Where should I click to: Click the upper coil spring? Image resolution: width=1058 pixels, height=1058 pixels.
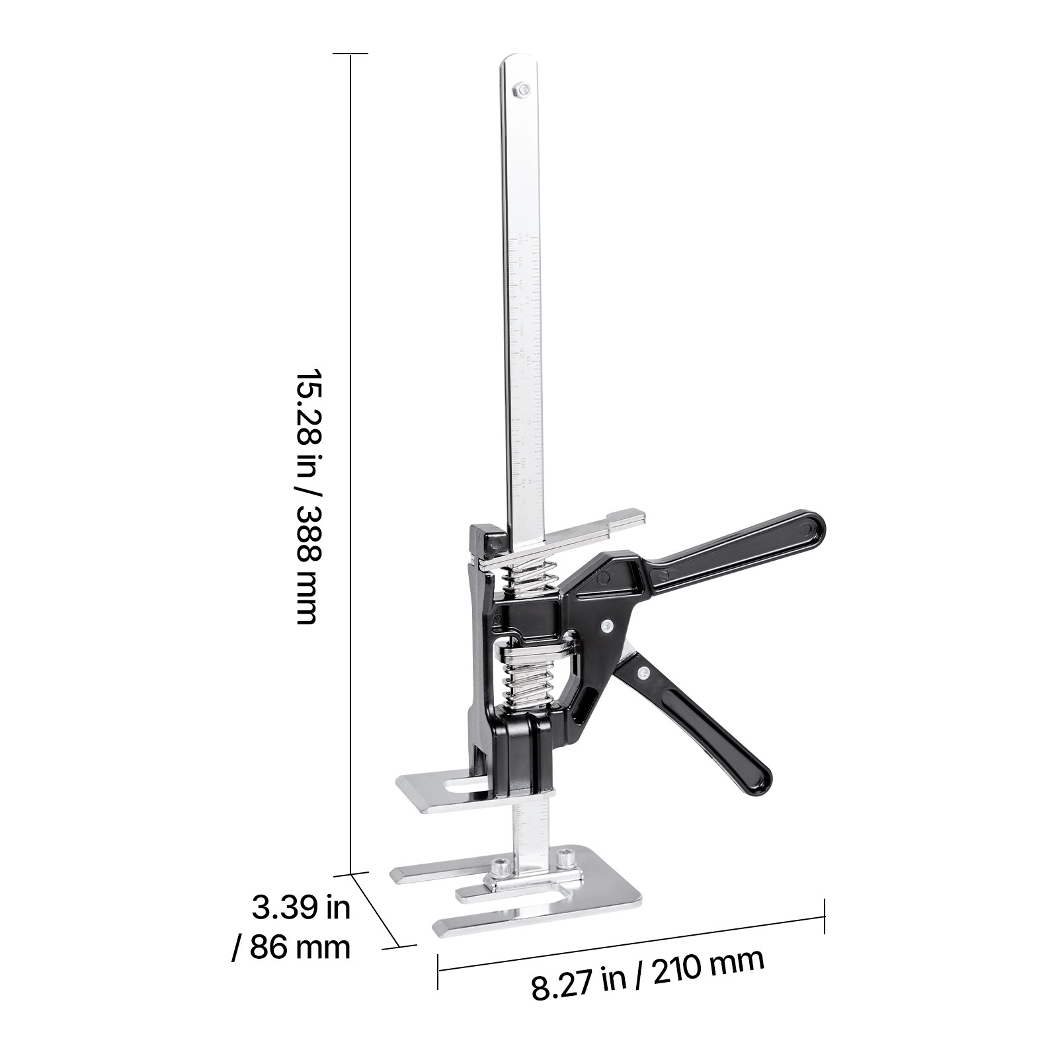(x=529, y=577)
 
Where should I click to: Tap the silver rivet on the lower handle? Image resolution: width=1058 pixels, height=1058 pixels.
(x=641, y=672)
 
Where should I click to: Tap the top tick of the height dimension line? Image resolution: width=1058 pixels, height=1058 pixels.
(x=350, y=54)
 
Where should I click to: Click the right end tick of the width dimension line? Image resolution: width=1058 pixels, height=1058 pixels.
(x=824, y=916)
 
